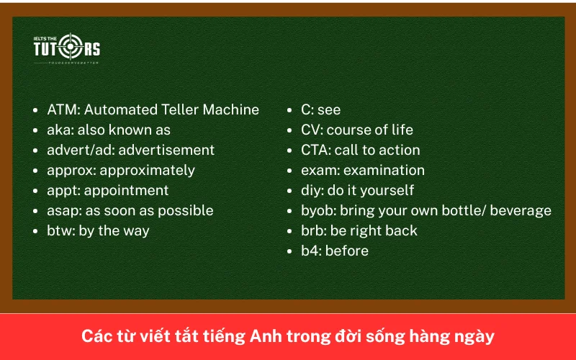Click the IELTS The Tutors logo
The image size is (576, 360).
[x=66, y=48]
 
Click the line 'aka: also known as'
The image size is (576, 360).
[x=109, y=130]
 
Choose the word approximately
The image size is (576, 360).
[x=147, y=171]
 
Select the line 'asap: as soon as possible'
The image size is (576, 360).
[x=130, y=211]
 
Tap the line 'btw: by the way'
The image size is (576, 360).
[x=98, y=231]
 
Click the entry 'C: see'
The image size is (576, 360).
[x=320, y=110]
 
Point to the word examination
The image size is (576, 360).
[x=384, y=171]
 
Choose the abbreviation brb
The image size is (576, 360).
[x=313, y=231]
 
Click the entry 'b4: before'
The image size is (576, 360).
[x=334, y=251]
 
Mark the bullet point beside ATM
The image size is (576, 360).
[x=36, y=111]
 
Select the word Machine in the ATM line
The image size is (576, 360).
[x=230, y=110]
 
